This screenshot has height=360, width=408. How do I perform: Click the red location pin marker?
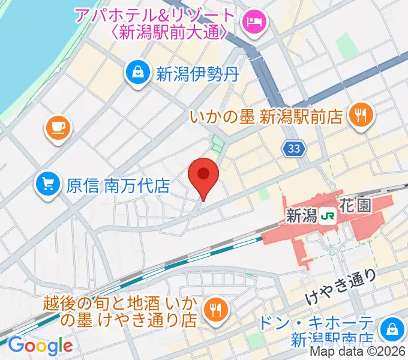point(203,175)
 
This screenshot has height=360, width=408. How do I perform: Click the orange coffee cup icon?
point(58,128)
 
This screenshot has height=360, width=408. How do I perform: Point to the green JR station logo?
point(327,215)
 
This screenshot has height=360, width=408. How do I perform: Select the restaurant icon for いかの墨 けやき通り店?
point(214,310)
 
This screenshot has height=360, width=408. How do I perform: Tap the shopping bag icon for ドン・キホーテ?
point(391,328)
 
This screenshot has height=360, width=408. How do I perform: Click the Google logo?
point(40,346)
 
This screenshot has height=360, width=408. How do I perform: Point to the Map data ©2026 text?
point(361,352)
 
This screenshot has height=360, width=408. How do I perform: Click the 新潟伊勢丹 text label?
point(197,74)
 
